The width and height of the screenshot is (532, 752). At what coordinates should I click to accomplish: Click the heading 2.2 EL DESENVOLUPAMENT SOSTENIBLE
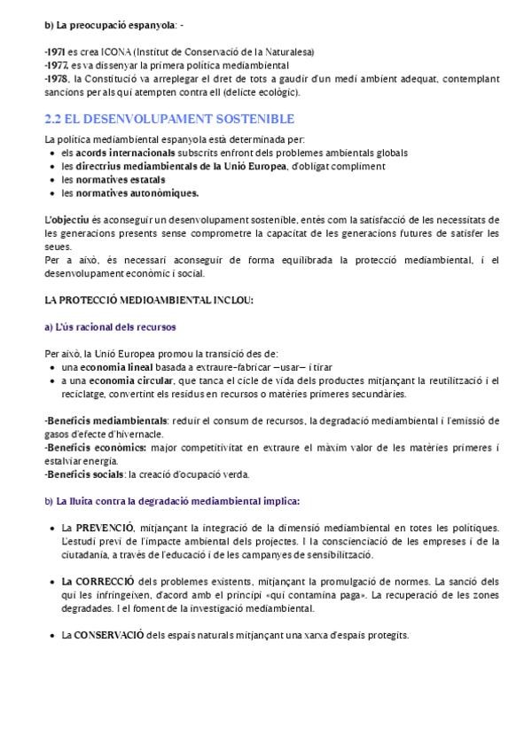[169, 118]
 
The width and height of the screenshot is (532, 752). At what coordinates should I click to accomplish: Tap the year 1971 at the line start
[55, 52]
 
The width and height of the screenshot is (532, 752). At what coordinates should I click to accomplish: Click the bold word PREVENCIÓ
[107, 529]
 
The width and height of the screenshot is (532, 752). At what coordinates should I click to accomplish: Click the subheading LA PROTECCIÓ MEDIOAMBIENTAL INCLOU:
[137, 300]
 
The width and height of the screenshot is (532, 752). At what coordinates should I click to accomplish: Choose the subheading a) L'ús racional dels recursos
[110, 326]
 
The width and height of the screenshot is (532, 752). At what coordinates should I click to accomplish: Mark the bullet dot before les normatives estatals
[53, 179]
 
